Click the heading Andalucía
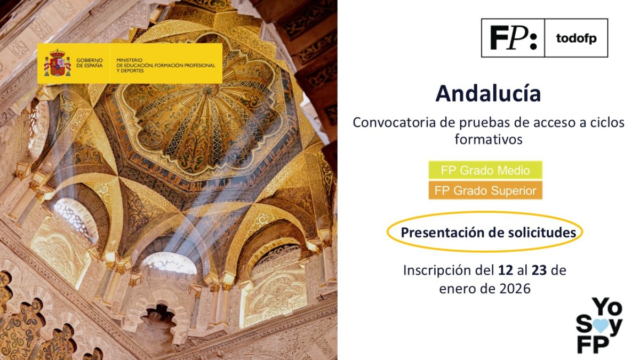487,93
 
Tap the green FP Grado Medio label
485,171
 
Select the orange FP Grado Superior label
485,191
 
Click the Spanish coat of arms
57,63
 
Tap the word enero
456,289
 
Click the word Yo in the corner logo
607,308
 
